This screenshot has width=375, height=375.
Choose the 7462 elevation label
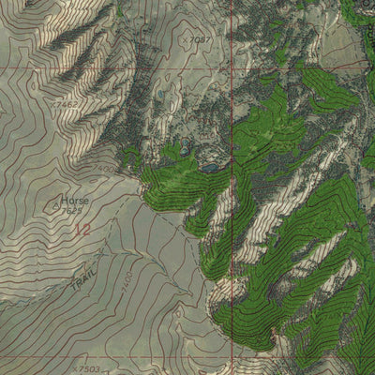coord(65,104)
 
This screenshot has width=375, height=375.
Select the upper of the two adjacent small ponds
coord(184,143)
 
